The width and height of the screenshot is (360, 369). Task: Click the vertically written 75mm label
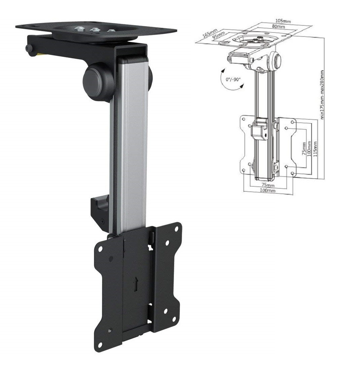pyautogui.click(x=304, y=148)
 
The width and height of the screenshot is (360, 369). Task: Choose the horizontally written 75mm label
pyautogui.click(x=268, y=185)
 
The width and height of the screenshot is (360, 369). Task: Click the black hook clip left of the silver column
pyautogui.click(x=99, y=208)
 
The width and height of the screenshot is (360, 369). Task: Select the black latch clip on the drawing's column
pyautogui.click(x=260, y=130)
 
